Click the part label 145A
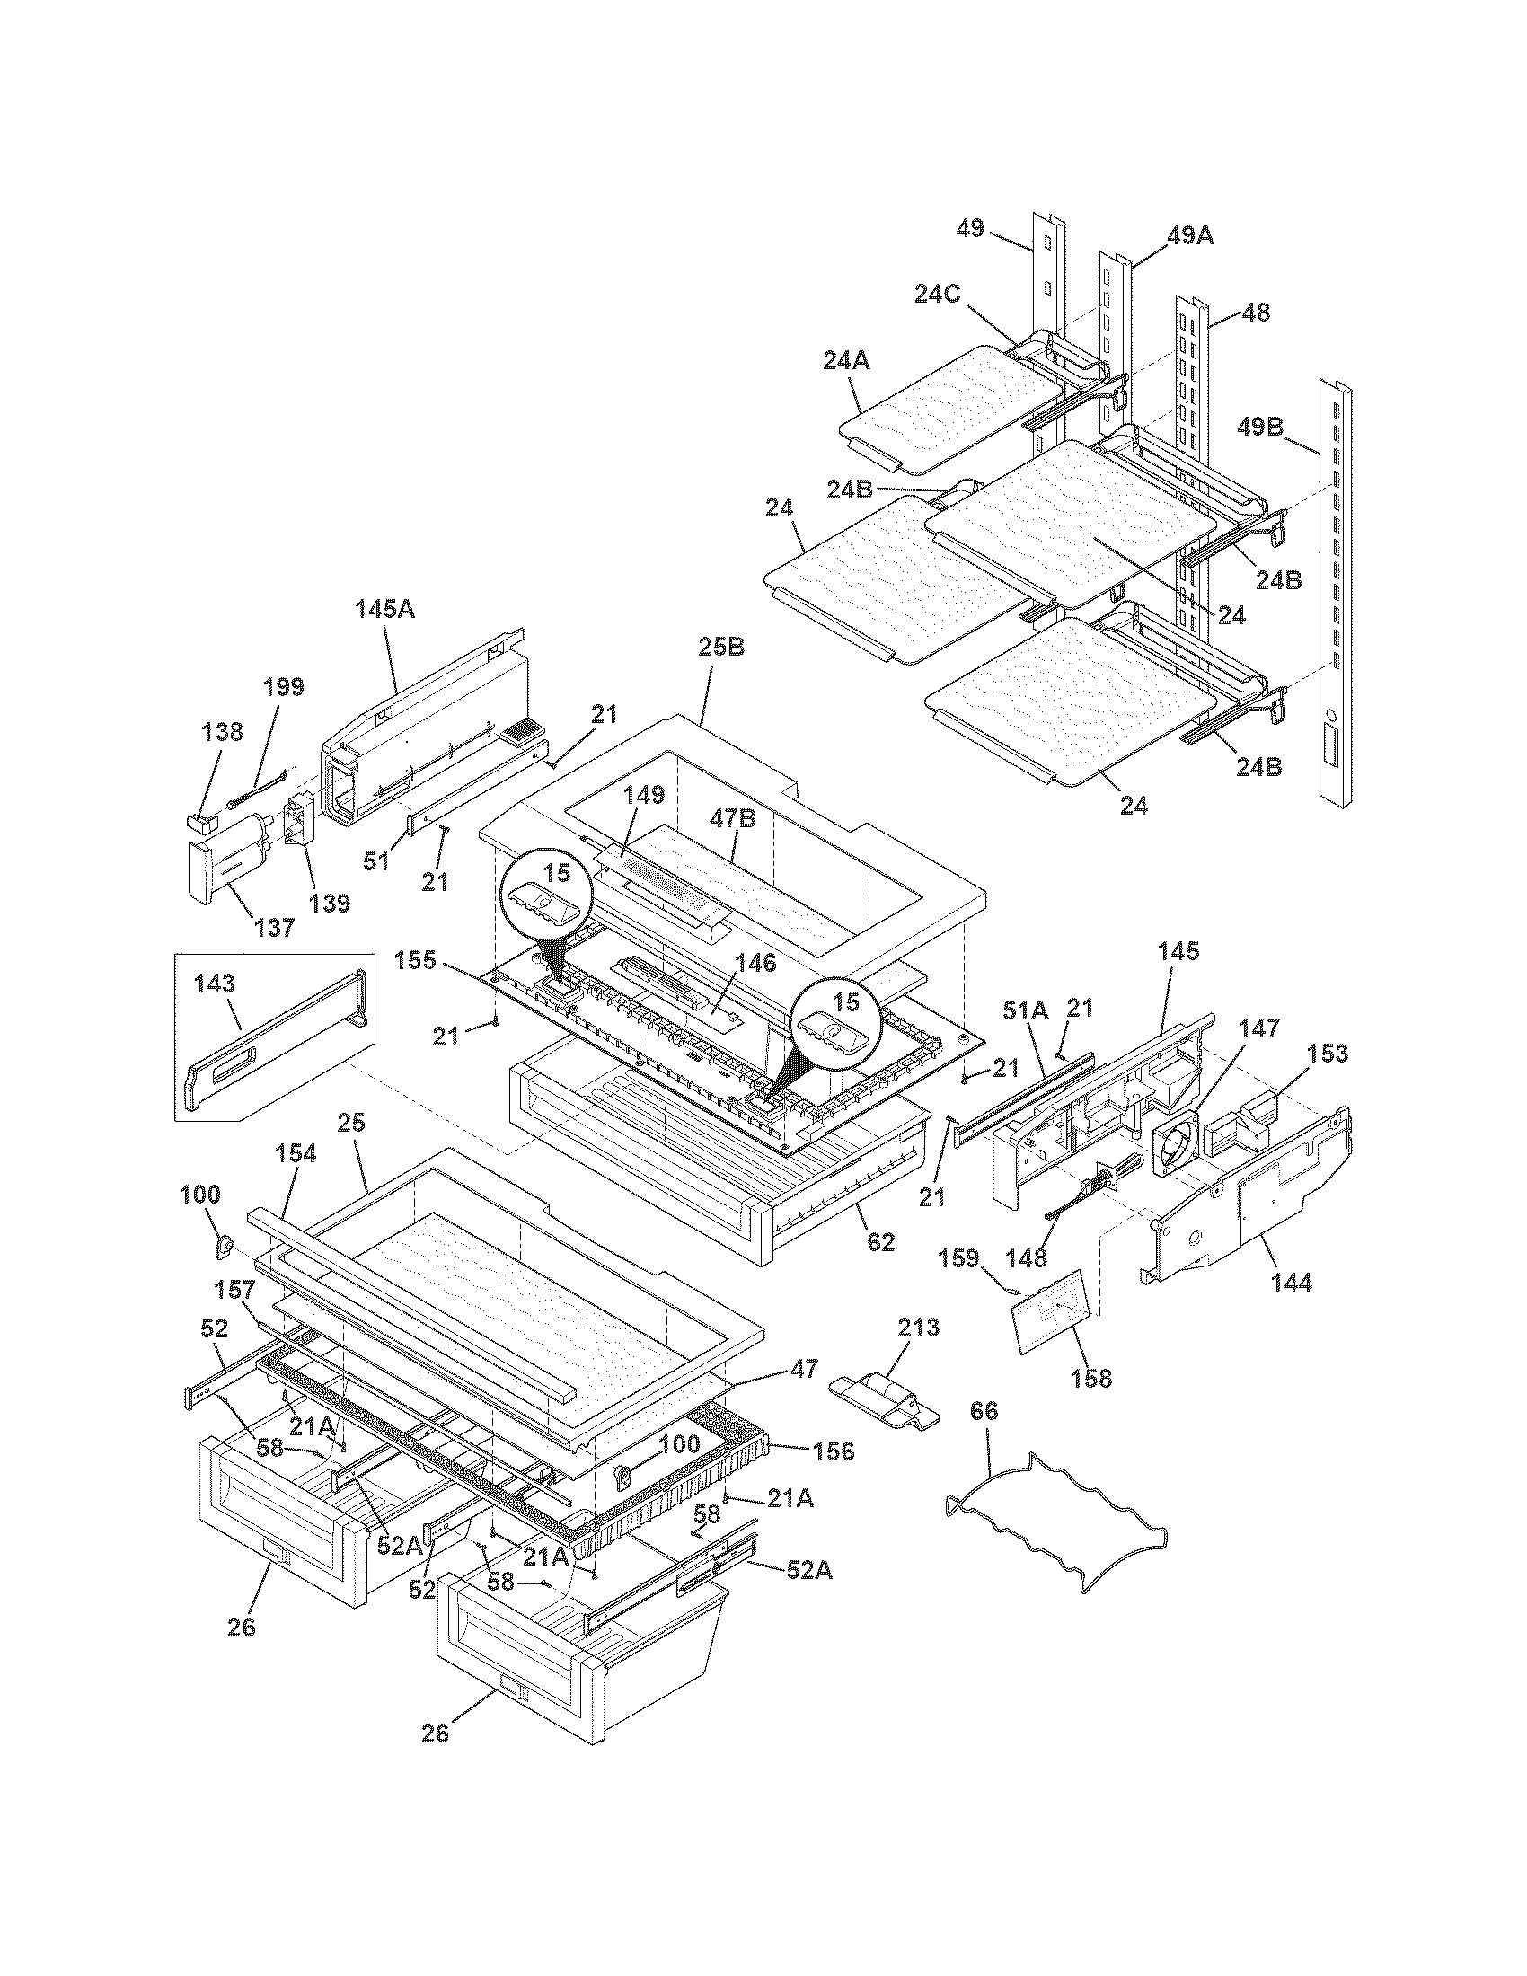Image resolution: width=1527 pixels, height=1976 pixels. pos(384,608)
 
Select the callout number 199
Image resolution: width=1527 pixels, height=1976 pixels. pos(284,686)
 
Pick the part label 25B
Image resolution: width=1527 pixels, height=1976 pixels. pos(721,648)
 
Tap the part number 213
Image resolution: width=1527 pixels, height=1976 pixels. pos(918,1328)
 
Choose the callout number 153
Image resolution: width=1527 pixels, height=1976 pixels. pos(1326,1054)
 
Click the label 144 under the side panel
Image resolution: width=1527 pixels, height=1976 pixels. pos(1290,1282)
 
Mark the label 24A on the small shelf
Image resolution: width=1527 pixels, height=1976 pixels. pos(847,360)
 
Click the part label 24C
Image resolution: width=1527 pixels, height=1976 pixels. pos(938,294)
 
